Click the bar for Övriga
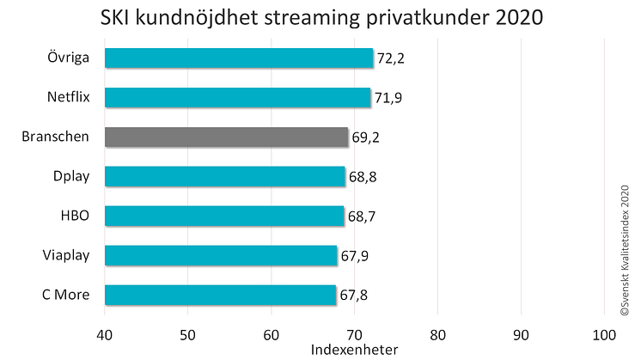coord(238,58)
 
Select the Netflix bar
coord(237,97)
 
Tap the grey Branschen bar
coord(226,137)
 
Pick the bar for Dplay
coord(224,176)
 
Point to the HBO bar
coord(223,216)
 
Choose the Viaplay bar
coord(221,255)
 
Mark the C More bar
coord(220,295)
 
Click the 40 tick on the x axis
coord(105,333)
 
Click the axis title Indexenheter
coord(354,351)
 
